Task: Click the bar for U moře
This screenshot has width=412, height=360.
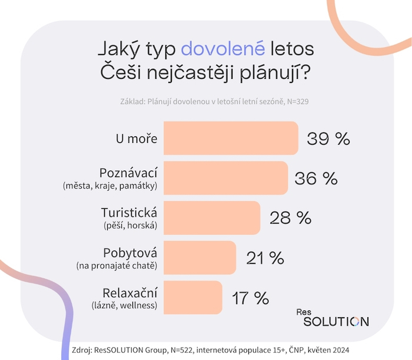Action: click(x=231, y=138)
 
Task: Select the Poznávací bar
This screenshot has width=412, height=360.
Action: click(x=225, y=178)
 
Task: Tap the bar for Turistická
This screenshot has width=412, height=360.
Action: click(x=211, y=218)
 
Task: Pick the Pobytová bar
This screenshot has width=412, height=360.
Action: click(x=200, y=258)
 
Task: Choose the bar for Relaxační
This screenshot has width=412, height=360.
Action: click(x=192, y=297)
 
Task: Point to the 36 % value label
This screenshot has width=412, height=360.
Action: click(x=315, y=178)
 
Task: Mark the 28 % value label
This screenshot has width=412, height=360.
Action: click(x=290, y=218)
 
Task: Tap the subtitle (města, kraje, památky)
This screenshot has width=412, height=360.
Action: click(x=110, y=186)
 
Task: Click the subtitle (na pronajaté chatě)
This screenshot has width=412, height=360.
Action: click(x=117, y=266)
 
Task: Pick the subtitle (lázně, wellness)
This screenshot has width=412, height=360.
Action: click(x=123, y=305)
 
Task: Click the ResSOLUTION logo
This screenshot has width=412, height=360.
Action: click(x=335, y=317)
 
